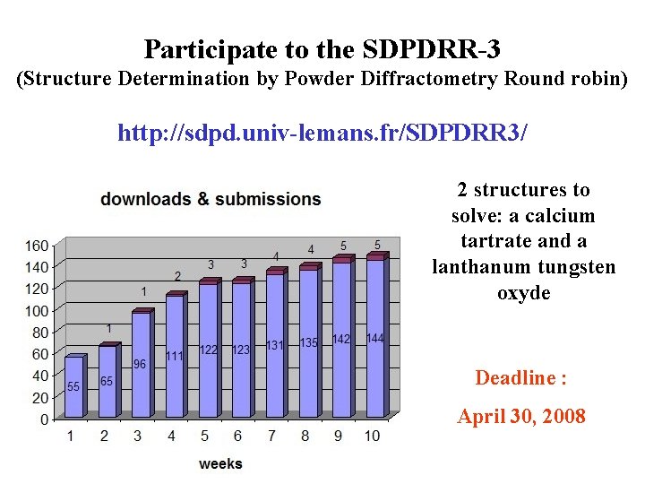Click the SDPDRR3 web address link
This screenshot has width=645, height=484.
pyautogui.click(x=322, y=134)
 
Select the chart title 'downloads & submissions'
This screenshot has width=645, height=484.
pyautogui.click(x=211, y=199)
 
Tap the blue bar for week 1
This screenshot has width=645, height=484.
pyautogui.click(x=73, y=387)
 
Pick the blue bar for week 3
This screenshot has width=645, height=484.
pyautogui.click(x=141, y=364)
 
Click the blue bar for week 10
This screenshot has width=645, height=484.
pyautogui.click(x=374, y=339)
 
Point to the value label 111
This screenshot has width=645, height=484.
pyautogui.click(x=175, y=356)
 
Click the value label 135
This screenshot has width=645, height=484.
pyautogui.click(x=309, y=343)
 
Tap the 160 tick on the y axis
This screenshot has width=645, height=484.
pyautogui.click(x=37, y=246)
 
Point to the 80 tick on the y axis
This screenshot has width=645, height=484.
pyautogui.click(x=40, y=332)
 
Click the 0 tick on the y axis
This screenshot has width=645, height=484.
pyautogui.click(x=45, y=419)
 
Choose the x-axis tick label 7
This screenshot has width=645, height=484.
pyautogui.click(x=271, y=436)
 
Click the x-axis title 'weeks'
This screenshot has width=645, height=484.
pyautogui.click(x=220, y=463)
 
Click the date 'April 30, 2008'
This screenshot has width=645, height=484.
pyautogui.click(x=521, y=416)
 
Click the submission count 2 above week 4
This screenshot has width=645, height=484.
pyautogui.click(x=177, y=276)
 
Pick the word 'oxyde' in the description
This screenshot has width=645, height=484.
pyautogui.click(x=523, y=293)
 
